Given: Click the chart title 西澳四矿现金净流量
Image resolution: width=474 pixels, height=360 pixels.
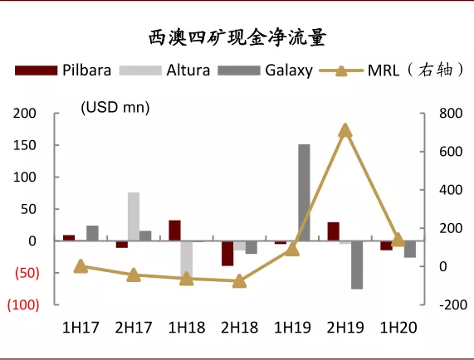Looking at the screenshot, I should [x=237, y=37].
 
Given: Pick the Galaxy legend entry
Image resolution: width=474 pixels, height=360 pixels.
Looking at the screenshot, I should [x=265, y=71].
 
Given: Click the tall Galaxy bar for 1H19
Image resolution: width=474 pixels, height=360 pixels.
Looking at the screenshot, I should [x=305, y=192].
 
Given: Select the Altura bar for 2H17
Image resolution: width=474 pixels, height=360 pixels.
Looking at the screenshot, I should [x=134, y=216].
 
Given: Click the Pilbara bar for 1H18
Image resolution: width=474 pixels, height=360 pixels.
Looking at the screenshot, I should [x=174, y=231].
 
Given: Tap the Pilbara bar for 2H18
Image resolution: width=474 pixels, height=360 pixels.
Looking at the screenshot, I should [x=227, y=253].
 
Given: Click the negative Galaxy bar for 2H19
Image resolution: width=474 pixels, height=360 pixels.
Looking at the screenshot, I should [x=357, y=265].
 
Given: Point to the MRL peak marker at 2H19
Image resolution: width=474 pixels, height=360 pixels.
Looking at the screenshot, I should [x=345, y=130].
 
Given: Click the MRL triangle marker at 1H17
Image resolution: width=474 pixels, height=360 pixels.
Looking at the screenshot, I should [x=81, y=266].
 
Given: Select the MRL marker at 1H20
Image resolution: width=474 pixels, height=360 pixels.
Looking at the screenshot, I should [x=398, y=240].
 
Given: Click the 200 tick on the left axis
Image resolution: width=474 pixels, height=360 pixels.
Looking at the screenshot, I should [x=27, y=114].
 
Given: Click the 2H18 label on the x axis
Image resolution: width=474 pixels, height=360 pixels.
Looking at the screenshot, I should [x=239, y=328].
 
